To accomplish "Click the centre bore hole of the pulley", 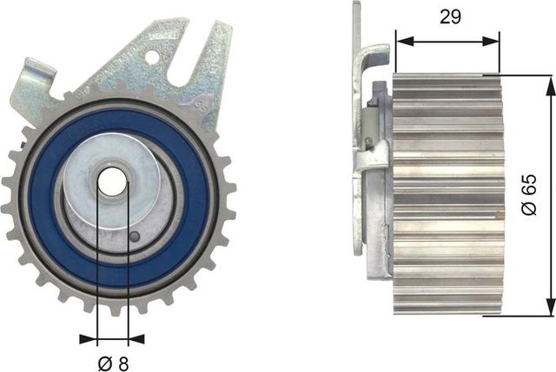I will (x=112, y=183).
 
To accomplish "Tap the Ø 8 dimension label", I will (x=111, y=363).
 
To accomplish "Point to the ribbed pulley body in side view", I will (x=447, y=194).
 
